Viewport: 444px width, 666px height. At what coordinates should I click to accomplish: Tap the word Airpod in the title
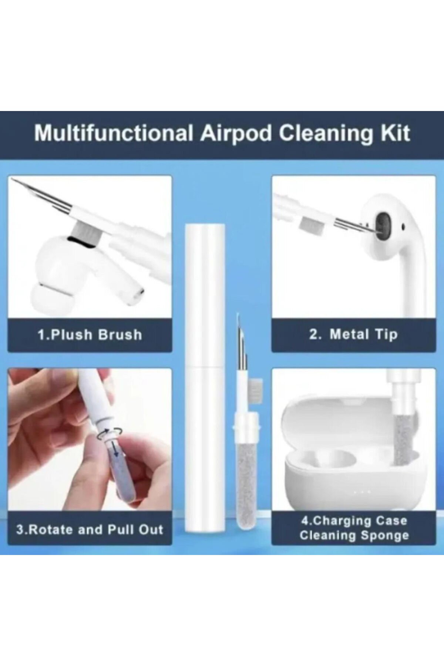(x=236, y=134)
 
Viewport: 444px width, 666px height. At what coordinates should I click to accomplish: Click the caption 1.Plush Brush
(x=90, y=334)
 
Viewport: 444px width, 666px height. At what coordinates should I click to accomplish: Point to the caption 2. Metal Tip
(x=353, y=334)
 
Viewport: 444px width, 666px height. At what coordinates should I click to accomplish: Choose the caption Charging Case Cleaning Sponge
(x=354, y=528)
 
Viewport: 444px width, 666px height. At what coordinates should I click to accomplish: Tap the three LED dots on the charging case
(x=361, y=492)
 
